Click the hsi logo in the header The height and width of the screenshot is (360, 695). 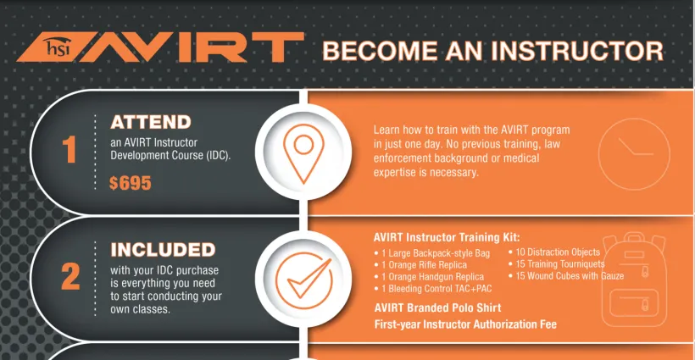tap(58, 47)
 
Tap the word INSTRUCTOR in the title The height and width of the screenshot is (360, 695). tap(577, 51)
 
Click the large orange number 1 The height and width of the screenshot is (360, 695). tap(69, 149)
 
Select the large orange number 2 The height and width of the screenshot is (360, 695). tap(70, 276)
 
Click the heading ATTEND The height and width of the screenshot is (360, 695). tap(151, 122)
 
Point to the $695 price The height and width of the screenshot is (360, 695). tap(131, 183)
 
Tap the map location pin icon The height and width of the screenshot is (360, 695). tap(303, 153)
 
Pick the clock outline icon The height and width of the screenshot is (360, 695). tap(634, 153)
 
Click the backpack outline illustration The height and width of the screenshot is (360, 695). tap(634, 279)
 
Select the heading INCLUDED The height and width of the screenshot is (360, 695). tap(163, 250)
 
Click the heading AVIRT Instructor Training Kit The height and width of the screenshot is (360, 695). tap(447, 237)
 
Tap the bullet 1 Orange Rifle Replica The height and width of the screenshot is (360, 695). tap(420, 265)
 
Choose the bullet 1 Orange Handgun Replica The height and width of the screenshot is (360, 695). tap(429, 277)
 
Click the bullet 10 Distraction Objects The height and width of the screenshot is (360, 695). tap(554, 252)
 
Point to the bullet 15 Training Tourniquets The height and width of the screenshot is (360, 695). tap(556, 264)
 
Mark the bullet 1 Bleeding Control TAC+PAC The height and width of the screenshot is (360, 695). tap(433, 289)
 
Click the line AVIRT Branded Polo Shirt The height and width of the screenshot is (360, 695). tap(438, 307)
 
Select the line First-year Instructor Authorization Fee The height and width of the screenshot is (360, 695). tap(465, 324)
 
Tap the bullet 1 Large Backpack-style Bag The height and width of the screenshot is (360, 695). tap(432, 253)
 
